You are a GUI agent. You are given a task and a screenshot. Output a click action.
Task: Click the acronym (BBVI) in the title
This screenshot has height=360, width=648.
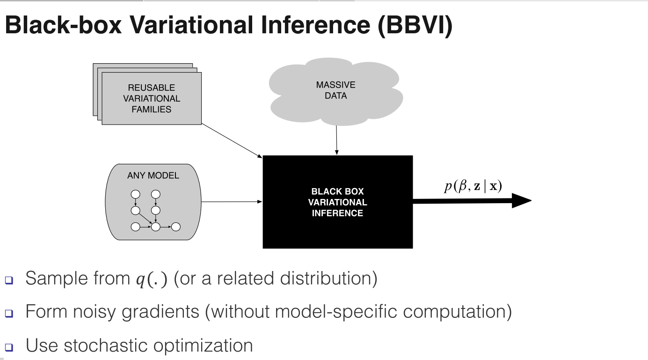[x=417, y=26]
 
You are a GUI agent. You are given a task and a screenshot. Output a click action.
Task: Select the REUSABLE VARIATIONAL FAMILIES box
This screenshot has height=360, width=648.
[x=151, y=98]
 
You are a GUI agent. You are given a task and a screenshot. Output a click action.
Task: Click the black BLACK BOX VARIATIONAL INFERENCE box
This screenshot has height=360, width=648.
[x=337, y=202]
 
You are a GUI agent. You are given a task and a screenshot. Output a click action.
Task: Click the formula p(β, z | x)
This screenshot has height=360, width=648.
[x=473, y=186]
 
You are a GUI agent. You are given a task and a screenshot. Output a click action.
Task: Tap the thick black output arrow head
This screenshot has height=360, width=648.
[x=522, y=201]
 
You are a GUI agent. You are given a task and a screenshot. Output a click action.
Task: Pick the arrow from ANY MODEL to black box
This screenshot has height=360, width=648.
[x=232, y=202]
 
